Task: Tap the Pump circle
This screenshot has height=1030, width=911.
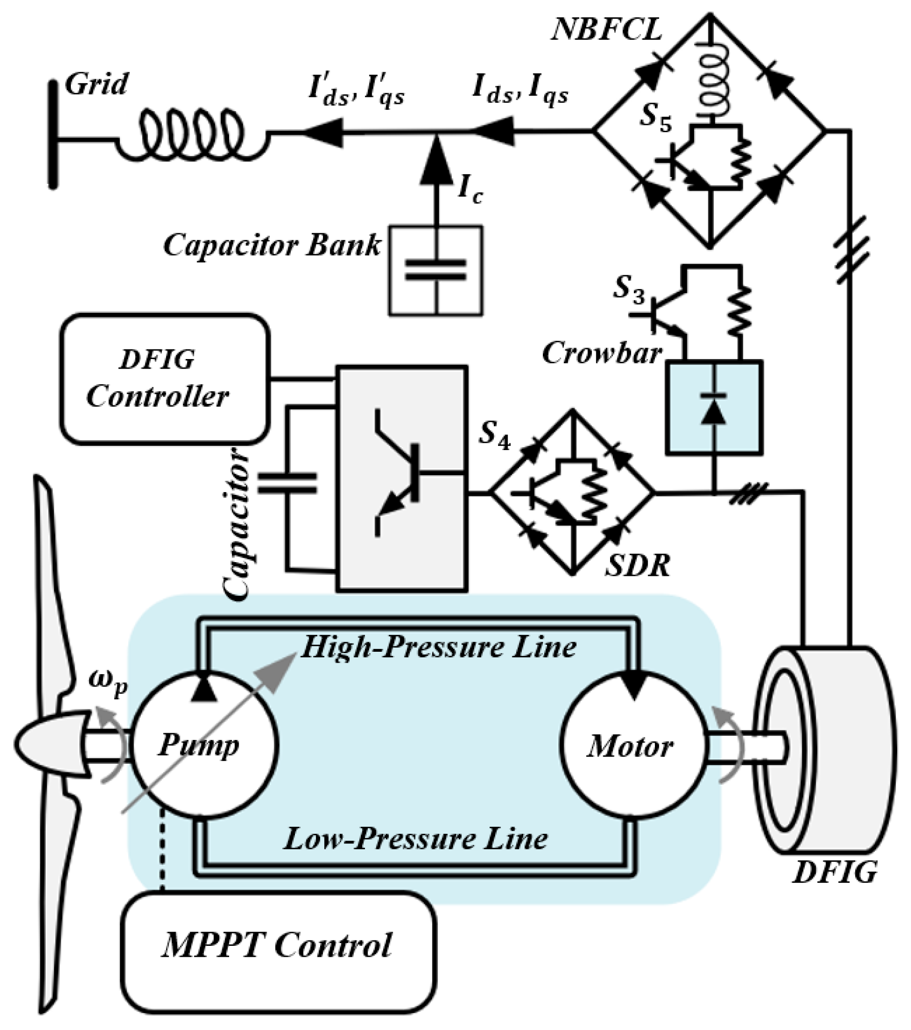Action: pos(204,745)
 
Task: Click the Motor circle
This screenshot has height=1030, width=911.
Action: pos(632,745)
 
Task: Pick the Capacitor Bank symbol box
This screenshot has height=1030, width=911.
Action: pos(436,271)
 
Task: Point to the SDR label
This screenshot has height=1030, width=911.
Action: pos(637,566)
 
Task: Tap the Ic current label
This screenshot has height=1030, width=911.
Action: pos(470,190)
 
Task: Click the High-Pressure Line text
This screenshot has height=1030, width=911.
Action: pos(439,647)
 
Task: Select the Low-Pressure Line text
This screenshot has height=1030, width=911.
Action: pos(415,839)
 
